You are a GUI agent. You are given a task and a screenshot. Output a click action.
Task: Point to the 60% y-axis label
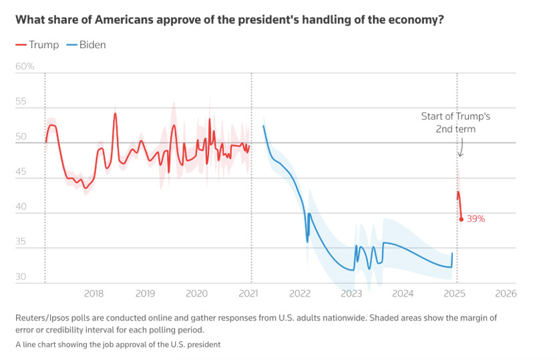25,67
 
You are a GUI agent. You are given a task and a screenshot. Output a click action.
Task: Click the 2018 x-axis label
94,294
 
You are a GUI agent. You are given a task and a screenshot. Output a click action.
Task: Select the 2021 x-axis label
248,294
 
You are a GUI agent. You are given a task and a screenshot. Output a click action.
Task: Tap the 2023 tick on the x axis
351,294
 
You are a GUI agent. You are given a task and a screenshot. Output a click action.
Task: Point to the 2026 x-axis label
506,294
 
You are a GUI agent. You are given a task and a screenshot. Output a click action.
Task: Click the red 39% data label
476,219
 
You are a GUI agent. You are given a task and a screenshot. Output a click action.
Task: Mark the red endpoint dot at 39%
461,219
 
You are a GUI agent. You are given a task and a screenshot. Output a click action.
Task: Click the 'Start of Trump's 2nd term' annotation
455,122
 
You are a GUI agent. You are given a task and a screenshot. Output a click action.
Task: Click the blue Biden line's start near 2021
264,126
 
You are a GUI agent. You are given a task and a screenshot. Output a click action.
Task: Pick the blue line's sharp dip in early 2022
307,241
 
